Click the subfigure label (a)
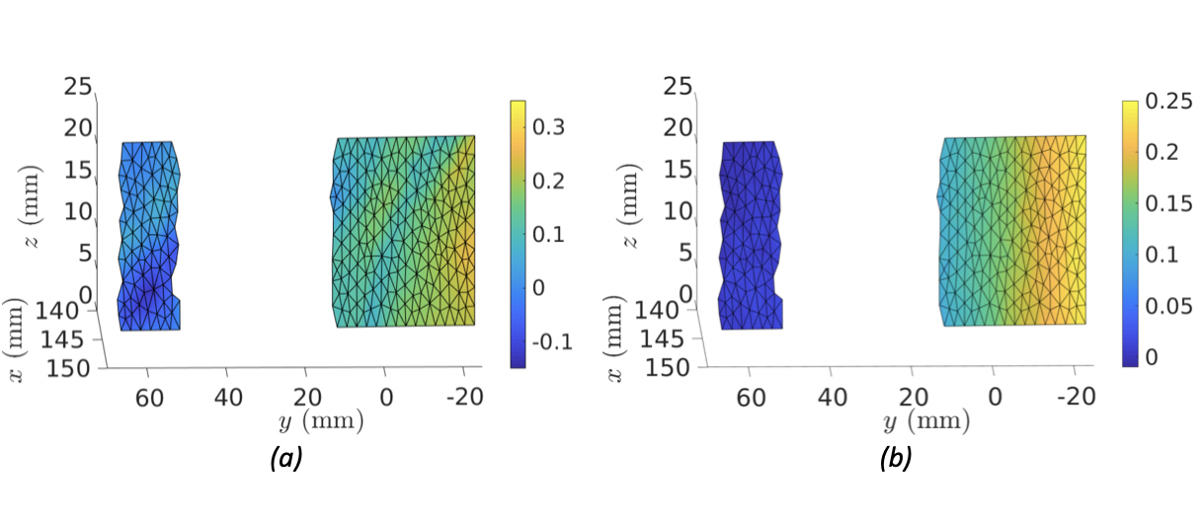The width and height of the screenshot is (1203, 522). [286, 458]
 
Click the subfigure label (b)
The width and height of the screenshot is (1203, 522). [895, 458]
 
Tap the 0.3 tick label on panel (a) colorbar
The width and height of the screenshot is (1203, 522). [548, 127]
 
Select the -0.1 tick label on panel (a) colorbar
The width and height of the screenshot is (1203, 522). [553, 341]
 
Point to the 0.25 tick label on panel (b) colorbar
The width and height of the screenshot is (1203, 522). [1168, 101]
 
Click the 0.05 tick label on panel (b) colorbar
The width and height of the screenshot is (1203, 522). [1168, 306]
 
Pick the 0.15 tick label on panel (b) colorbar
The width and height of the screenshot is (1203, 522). [1168, 203]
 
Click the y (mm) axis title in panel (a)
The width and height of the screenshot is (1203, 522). [321, 421]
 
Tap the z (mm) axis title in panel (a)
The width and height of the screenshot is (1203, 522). [31, 206]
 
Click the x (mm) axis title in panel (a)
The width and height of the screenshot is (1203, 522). [15, 340]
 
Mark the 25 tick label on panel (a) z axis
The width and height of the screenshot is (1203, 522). [78, 86]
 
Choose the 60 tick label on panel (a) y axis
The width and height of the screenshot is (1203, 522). [149, 398]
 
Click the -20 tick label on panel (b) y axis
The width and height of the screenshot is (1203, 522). [1076, 397]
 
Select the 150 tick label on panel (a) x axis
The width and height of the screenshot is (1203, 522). [68, 369]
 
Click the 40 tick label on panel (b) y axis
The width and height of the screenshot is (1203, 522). [832, 398]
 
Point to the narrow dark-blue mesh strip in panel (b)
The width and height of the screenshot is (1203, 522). [751, 235]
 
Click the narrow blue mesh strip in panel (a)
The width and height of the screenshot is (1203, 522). [149, 236]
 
